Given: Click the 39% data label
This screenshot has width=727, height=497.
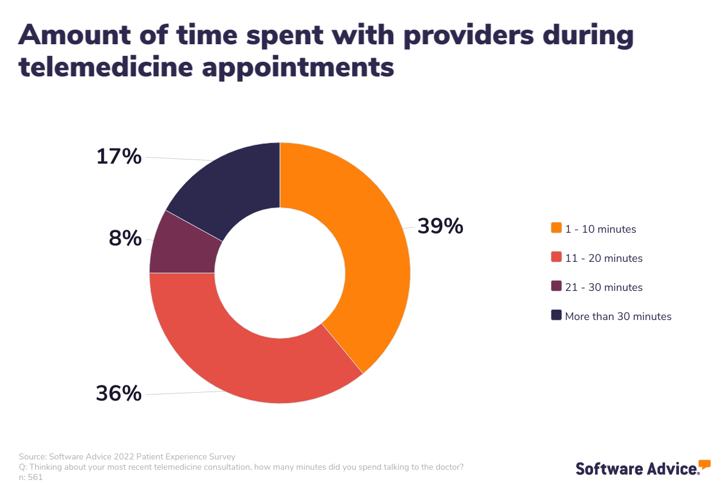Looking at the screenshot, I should pyautogui.click(x=440, y=226).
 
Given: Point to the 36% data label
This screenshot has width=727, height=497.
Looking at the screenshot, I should pyautogui.click(x=119, y=393).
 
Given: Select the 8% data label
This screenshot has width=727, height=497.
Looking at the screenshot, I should pyautogui.click(x=125, y=238).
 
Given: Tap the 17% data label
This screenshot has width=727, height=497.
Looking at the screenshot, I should pyautogui.click(x=119, y=156).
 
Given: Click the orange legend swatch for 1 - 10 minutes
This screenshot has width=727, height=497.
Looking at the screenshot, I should pyautogui.click(x=556, y=228).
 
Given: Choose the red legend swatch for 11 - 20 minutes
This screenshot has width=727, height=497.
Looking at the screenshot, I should pyautogui.click(x=556, y=257).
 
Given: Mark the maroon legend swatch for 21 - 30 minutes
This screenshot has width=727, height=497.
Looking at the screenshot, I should pyautogui.click(x=556, y=286).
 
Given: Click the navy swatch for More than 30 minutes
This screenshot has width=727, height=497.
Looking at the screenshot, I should pyautogui.click(x=556, y=315).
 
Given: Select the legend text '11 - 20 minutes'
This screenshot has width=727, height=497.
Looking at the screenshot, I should pyautogui.click(x=603, y=258).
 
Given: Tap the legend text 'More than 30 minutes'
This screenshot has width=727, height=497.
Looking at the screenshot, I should pyautogui.click(x=618, y=316).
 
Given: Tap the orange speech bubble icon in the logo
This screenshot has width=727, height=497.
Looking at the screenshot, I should pyautogui.click(x=704, y=465).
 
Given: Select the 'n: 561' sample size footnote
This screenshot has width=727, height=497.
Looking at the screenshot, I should pyautogui.click(x=31, y=477).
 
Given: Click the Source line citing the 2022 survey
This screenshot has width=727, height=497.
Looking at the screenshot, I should pyautogui.click(x=127, y=456).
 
